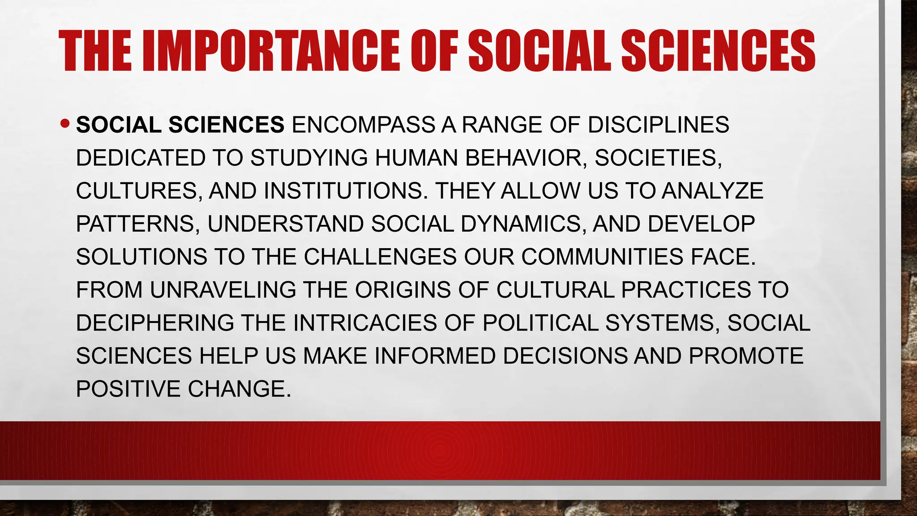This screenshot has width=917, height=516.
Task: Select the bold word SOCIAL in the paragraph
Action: pos(119,125)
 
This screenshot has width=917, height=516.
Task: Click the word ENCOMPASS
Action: pos(363,125)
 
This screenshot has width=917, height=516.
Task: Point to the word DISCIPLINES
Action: pos(658,125)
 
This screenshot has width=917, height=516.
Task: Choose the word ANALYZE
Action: pos(712,191)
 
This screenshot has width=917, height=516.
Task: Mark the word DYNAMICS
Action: pos(523,224)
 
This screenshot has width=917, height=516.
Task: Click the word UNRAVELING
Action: pos(223,290)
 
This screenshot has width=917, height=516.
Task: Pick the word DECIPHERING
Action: pos(155,323)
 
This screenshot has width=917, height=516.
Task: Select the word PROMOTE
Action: pos(746,356)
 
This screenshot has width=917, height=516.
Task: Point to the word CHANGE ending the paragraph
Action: pos(239,389)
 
